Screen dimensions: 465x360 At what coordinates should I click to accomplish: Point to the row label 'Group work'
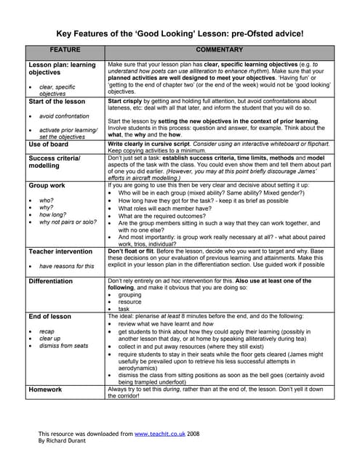(47, 186)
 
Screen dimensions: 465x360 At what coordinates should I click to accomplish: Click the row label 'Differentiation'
(51, 281)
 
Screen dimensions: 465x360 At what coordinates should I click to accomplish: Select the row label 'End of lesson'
(49, 317)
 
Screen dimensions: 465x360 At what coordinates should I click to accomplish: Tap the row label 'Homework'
(45, 389)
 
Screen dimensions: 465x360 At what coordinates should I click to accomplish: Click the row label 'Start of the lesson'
(57, 102)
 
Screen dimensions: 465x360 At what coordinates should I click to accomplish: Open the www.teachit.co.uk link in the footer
(161, 433)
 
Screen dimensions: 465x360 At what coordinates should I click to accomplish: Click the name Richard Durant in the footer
(70, 441)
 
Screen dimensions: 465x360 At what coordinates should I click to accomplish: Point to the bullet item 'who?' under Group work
(47, 200)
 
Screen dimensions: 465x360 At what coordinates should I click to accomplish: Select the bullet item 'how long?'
(53, 215)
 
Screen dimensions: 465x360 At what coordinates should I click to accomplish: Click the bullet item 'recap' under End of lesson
(48, 331)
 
